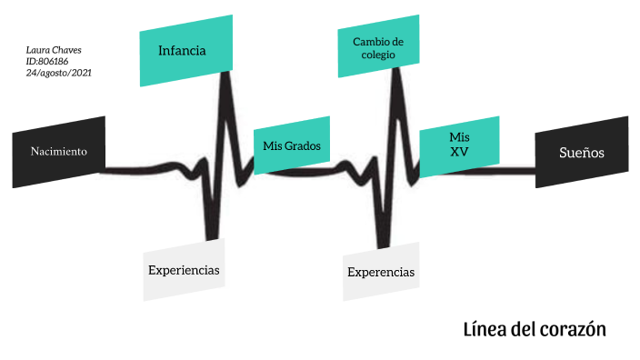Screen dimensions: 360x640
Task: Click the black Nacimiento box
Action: (x=59, y=152)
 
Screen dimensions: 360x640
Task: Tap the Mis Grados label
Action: (x=291, y=145)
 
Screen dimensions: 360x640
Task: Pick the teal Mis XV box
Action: (x=459, y=144)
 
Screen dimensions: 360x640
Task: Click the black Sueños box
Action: (x=582, y=152)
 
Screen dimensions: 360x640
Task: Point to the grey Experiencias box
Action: (x=184, y=270)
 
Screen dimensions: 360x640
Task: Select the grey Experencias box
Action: (x=382, y=272)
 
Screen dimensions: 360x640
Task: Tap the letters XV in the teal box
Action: (x=459, y=152)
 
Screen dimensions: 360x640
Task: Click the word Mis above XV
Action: (x=459, y=135)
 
